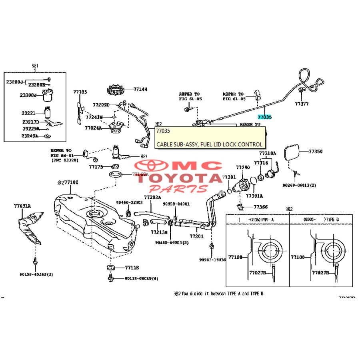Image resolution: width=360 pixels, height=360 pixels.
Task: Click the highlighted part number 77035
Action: click(x=264, y=117)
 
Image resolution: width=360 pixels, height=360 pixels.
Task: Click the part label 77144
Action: click(x=140, y=90)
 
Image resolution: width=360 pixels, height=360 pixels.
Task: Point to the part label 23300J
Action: click(x=28, y=95)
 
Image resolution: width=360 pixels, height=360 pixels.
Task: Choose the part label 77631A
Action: click(x=22, y=206)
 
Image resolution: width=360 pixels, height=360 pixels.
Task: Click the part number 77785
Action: click(x=80, y=92)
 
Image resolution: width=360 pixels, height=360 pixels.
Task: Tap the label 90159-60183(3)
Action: click(x=36, y=274)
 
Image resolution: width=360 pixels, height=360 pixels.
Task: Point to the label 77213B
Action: click(x=159, y=232)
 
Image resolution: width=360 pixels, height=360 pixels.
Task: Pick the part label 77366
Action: click(x=260, y=207)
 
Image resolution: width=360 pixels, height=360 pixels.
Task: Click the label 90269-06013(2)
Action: click(x=299, y=185)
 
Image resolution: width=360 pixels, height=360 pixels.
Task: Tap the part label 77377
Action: click(x=302, y=104)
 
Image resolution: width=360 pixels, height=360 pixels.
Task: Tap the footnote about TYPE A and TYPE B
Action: click(x=218, y=293)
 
